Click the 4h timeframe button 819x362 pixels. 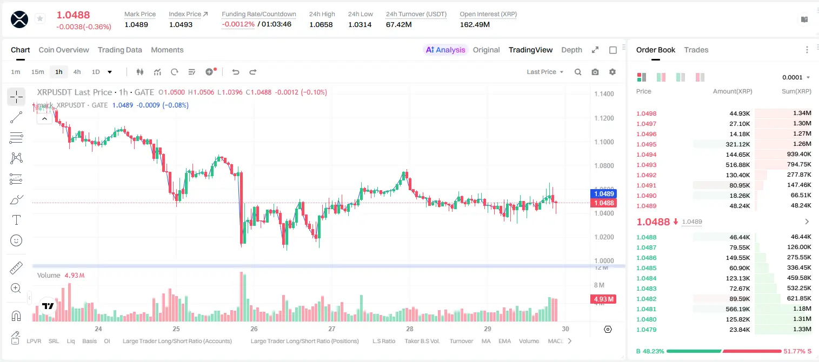77,72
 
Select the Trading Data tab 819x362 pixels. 119,50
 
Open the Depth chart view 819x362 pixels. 571,50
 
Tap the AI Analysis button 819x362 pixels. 445,50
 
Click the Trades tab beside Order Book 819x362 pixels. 696,50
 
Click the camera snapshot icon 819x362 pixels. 595,72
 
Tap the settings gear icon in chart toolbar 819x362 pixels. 612,72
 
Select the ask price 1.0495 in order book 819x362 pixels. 647,144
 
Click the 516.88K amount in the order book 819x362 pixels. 738,165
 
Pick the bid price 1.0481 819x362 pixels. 647,309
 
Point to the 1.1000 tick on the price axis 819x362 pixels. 604,142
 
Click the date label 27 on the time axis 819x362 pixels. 331,329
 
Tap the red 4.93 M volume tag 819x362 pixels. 603,299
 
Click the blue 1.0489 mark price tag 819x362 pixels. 604,193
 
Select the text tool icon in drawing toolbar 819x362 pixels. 16,220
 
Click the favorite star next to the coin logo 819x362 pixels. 40,18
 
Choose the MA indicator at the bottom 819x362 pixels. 486,341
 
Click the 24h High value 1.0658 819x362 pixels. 321,24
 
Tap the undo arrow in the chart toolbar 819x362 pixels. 236,72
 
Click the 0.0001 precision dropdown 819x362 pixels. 796,77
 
